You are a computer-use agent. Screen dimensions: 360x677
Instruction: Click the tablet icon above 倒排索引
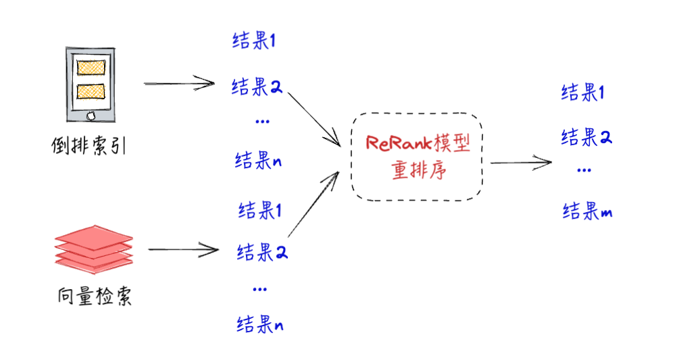(x=92, y=84)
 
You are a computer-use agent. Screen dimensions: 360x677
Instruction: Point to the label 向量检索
(x=93, y=296)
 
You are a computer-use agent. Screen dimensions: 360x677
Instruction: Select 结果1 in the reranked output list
(x=582, y=93)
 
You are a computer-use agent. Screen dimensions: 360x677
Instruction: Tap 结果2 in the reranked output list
(x=586, y=137)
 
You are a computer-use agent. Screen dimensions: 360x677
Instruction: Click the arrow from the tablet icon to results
(x=179, y=84)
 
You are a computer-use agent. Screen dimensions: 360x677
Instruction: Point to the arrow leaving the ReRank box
(x=522, y=162)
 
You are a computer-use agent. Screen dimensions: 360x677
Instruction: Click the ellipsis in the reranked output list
(x=584, y=170)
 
